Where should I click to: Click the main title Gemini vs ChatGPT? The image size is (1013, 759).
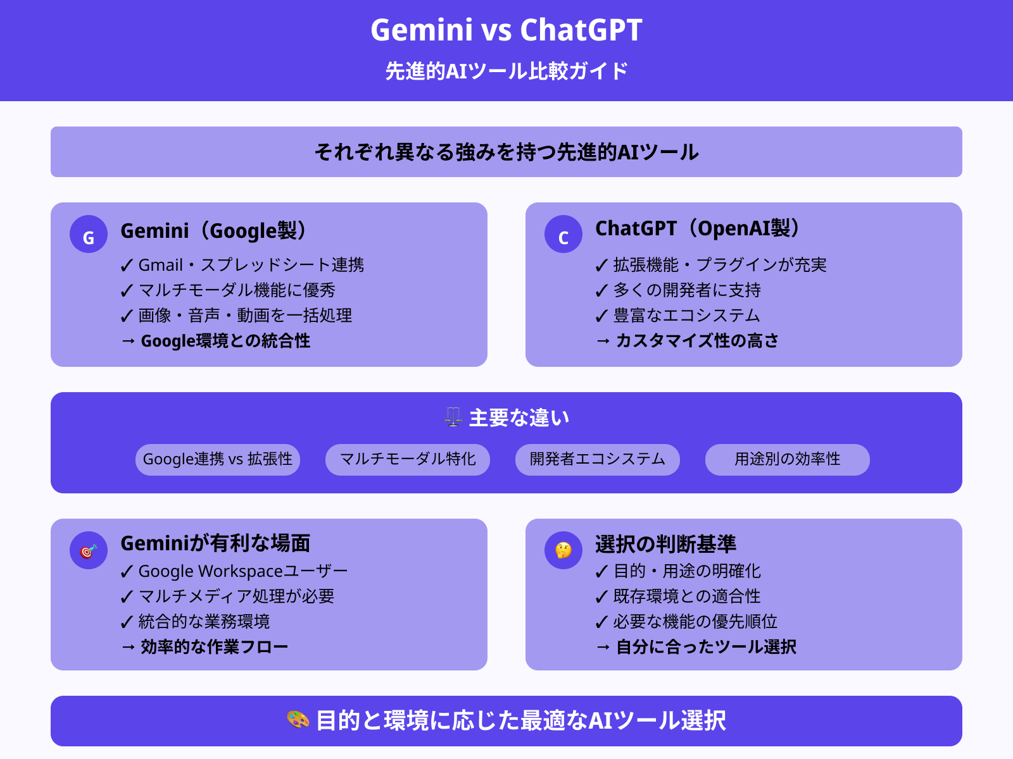tap(507, 30)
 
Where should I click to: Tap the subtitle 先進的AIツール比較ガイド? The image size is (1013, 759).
tap(507, 71)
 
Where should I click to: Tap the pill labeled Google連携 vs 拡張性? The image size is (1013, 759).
tap(218, 459)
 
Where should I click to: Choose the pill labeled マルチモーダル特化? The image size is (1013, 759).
tap(408, 459)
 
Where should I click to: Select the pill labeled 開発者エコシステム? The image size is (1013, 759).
tap(598, 459)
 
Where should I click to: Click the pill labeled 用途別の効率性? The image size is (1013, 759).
tap(788, 459)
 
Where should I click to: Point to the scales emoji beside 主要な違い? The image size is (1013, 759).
tap(453, 417)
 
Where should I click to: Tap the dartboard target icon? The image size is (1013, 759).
tap(89, 550)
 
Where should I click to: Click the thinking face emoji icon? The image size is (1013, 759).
tap(563, 550)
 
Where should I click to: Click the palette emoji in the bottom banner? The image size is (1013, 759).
tap(298, 720)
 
